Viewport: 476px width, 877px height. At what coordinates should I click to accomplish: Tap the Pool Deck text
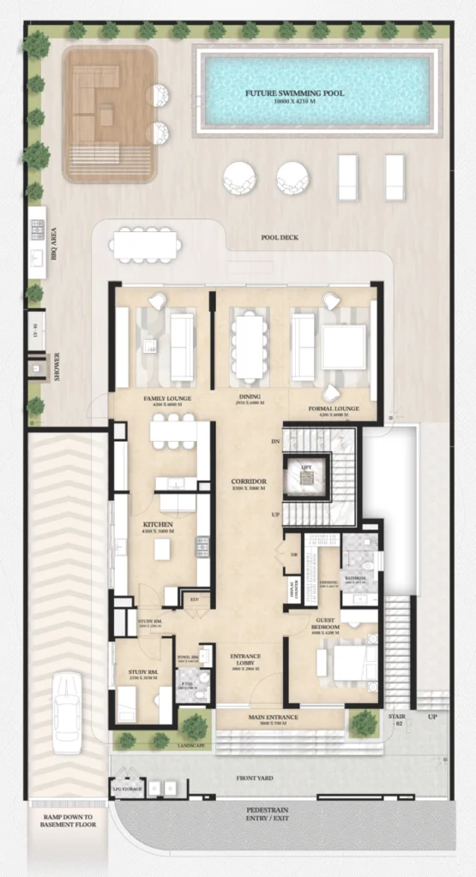[x=280, y=237]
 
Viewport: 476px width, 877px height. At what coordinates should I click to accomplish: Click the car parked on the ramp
[x=67, y=713]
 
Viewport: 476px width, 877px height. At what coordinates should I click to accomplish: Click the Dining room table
[x=250, y=347]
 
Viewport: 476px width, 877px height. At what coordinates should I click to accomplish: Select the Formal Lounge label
[x=332, y=409]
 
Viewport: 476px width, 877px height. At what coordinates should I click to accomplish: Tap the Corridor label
[x=250, y=482]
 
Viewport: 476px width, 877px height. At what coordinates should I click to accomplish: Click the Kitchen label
[x=158, y=524]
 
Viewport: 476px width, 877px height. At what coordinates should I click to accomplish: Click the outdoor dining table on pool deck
[x=145, y=245]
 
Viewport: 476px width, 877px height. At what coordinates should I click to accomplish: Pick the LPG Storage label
[x=126, y=785]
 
